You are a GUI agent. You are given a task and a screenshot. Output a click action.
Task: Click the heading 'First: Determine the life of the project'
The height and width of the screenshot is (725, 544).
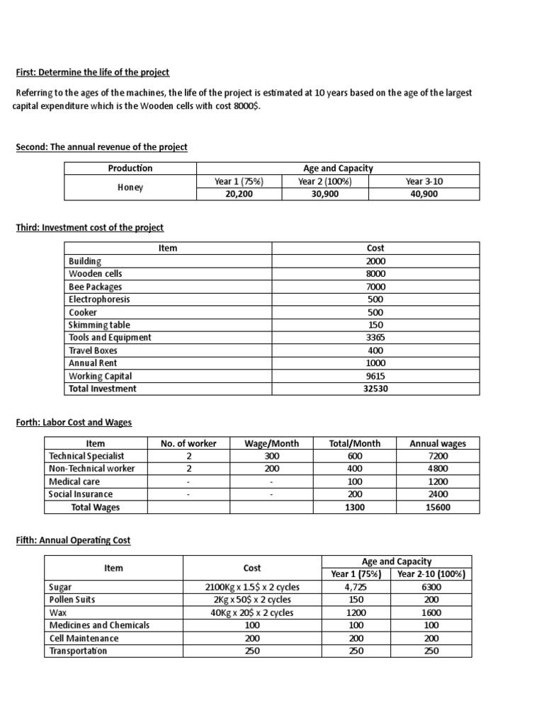[93, 73]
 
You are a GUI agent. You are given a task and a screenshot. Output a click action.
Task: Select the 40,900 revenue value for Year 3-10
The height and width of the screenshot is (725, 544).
[424, 193]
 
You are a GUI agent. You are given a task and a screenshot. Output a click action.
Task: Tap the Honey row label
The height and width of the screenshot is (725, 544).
[130, 188]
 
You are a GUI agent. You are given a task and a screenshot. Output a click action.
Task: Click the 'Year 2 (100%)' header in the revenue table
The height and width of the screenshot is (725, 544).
[324, 181]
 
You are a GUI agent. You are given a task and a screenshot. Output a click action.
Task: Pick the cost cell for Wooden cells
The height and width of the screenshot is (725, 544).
[375, 274]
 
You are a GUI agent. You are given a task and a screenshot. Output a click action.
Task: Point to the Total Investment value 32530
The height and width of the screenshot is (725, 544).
[375, 389]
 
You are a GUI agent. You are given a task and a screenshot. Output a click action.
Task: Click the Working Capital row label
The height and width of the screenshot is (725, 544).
[100, 376]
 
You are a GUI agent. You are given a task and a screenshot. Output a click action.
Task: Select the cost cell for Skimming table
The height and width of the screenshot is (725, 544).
[375, 325]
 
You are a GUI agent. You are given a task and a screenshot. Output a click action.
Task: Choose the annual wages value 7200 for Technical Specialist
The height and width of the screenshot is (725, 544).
[438, 457]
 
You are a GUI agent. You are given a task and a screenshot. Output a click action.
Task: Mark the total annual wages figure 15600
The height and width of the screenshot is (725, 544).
[438, 508]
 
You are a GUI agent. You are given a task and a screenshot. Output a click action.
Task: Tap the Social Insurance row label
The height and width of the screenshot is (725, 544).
[80, 495]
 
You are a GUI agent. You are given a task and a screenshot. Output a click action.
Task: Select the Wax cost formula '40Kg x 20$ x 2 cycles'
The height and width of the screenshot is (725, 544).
[252, 613]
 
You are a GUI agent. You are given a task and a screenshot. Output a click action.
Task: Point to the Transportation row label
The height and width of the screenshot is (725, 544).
[78, 651]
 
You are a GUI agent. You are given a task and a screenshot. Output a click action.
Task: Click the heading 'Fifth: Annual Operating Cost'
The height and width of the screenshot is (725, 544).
[73, 540]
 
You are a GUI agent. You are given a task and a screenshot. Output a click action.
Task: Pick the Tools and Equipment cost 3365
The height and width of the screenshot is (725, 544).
[375, 338]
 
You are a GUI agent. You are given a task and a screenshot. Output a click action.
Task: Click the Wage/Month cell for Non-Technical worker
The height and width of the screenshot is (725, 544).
[271, 469]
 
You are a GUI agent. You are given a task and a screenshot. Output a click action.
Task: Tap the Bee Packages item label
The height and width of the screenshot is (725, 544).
[95, 287]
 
